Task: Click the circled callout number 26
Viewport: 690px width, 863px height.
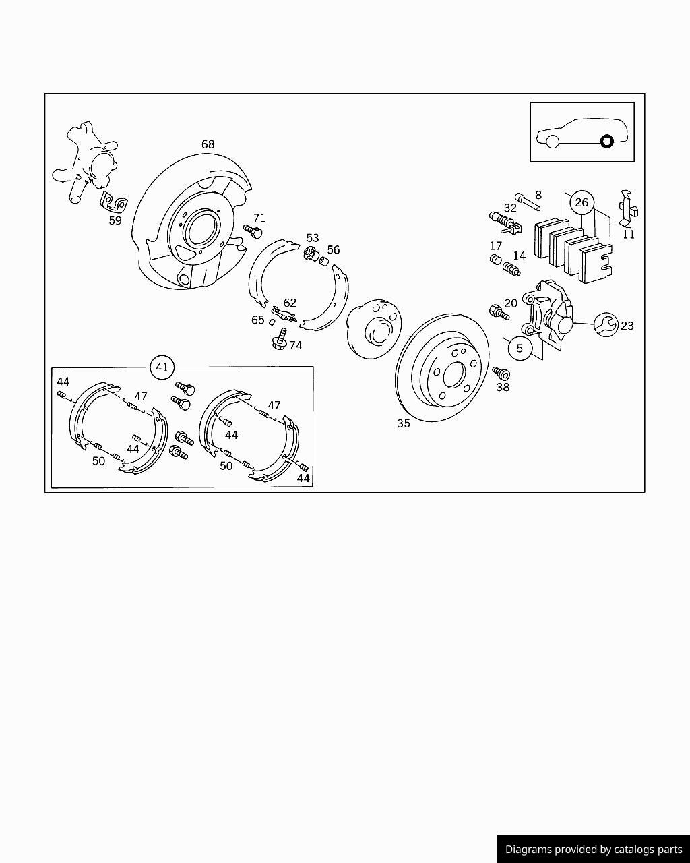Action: pos(581,202)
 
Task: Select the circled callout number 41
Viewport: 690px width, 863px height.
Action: pos(162,367)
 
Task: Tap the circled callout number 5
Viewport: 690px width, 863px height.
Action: pos(520,349)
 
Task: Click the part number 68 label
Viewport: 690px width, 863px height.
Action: pos(208,144)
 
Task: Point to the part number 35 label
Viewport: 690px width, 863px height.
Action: pos(403,423)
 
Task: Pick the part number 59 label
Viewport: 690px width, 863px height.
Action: pos(115,220)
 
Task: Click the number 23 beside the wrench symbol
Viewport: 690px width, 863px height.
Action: pos(627,326)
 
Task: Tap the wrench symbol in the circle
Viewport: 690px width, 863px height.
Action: pos(605,325)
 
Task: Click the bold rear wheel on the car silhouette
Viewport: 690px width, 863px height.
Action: pos(606,142)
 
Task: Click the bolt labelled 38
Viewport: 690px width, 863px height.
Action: pos(501,373)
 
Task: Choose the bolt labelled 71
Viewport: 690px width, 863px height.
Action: pos(253,231)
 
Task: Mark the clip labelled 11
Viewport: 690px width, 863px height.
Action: pos(627,208)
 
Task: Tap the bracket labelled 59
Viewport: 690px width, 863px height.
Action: pos(113,202)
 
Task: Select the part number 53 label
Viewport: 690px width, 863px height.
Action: pos(313,238)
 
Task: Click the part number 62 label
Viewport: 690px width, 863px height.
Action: pos(290,303)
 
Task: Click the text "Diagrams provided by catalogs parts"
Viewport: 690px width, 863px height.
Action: pos(594,850)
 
